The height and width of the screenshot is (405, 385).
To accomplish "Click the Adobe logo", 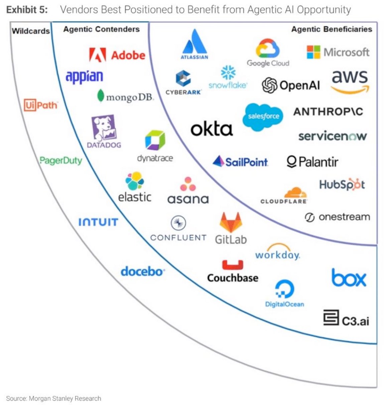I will pyautogui.click(x=117, y=55).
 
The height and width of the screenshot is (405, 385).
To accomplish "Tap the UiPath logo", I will pyautogui.click(x=40, y=105).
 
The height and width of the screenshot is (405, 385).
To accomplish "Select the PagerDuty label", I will pyautogui.click(x=60, y=161).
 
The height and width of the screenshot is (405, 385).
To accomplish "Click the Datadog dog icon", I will pyautogui.click(x=104, y=127).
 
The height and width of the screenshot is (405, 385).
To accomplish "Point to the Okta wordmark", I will pyautogui.click(x=211, y=129).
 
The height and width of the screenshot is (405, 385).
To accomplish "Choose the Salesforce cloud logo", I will pyautogui.click(x=263, y=116).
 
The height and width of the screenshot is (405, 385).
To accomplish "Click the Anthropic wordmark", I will pyautogui.click(x=328, y=112).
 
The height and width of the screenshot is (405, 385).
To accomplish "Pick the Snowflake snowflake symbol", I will pyautogui.click(x=228, y=72).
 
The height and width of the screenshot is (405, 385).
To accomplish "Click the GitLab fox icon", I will pyautogui.click(x=231, y=222).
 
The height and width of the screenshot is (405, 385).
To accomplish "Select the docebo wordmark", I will pyautogui.click(x=142, y=271).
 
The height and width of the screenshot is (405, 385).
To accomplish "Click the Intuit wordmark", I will pyautogui.click(x=98, y=222).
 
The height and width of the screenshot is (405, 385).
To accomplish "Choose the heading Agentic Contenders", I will pyautogui.click(x=101, y=29).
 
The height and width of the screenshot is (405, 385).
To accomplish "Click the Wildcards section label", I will pyautogui.click(x=31, y=31).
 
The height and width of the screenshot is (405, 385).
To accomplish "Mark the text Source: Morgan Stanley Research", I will pyautogui.click(x=53, y=398).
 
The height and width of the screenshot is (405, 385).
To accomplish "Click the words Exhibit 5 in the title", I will pyautogui.click(x=27, y=10).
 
